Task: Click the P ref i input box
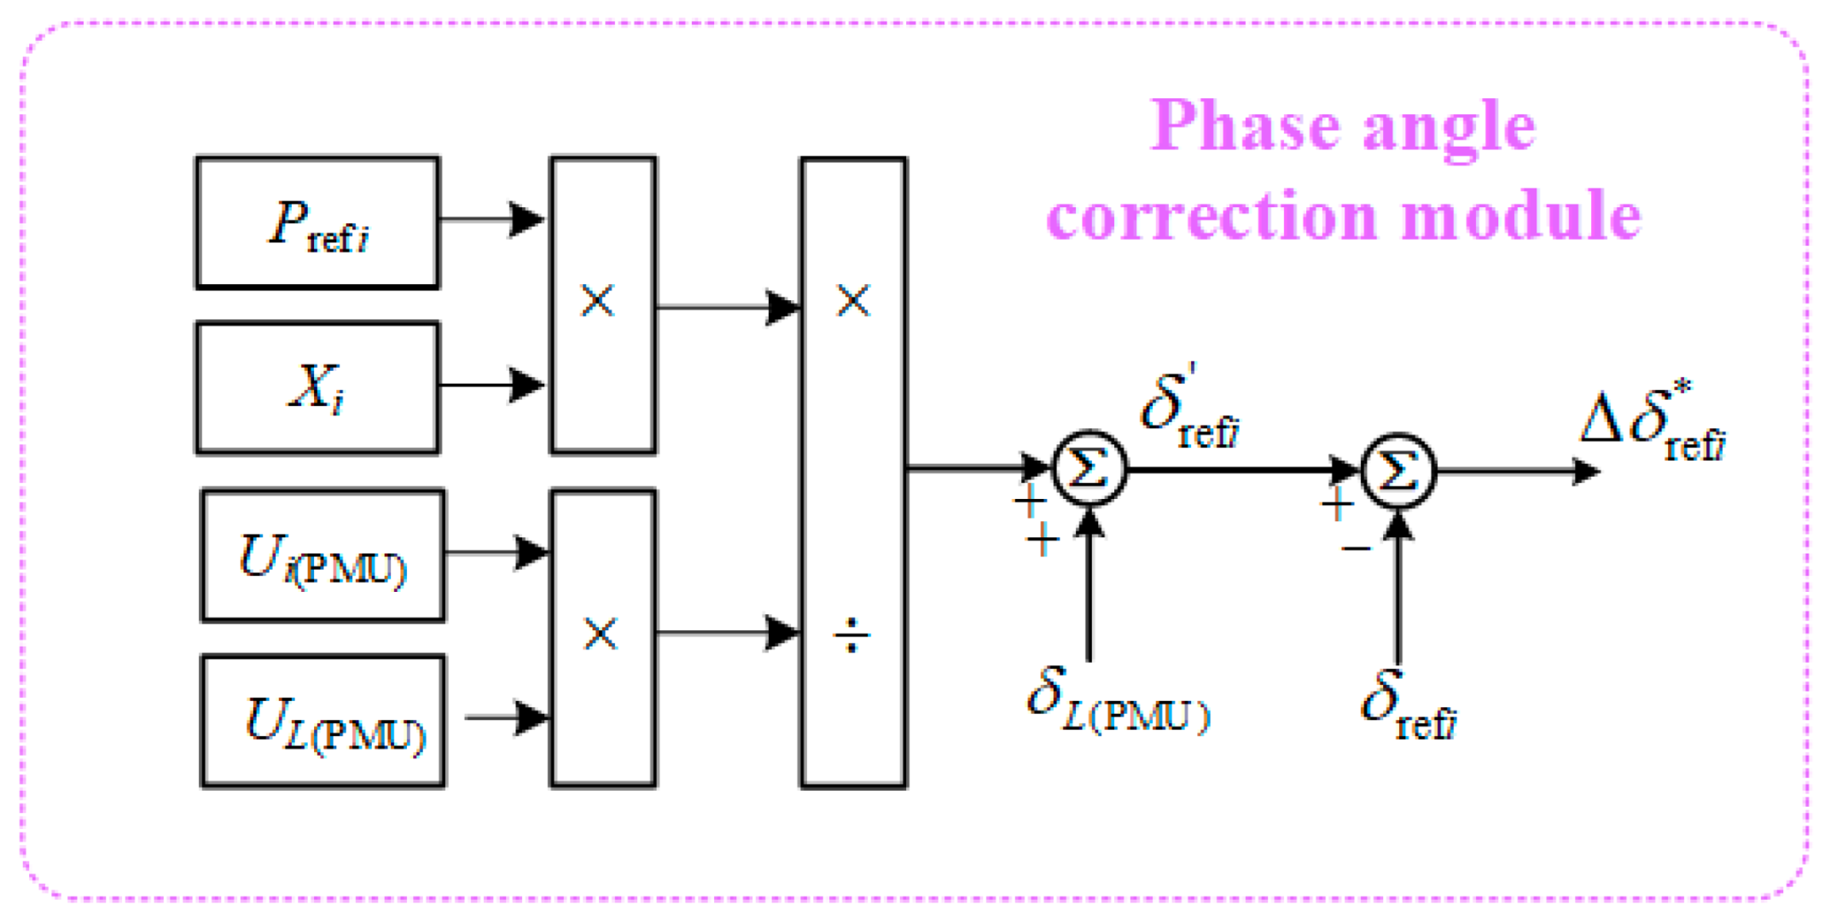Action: point(317,223)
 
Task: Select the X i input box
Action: point(317,388)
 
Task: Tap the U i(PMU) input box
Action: point(322,555)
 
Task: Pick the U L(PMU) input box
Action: point(322,722)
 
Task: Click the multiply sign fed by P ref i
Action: point(597,301)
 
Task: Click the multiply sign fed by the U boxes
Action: point(600,634)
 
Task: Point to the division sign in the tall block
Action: point(851,636)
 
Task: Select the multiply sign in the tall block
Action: point(853,301)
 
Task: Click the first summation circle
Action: point(1089,469)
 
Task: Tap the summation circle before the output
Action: point(1397,471)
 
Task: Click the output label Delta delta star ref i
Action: point(1653,424)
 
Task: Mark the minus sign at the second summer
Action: point(1356,548)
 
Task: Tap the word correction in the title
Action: point(1211,215)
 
